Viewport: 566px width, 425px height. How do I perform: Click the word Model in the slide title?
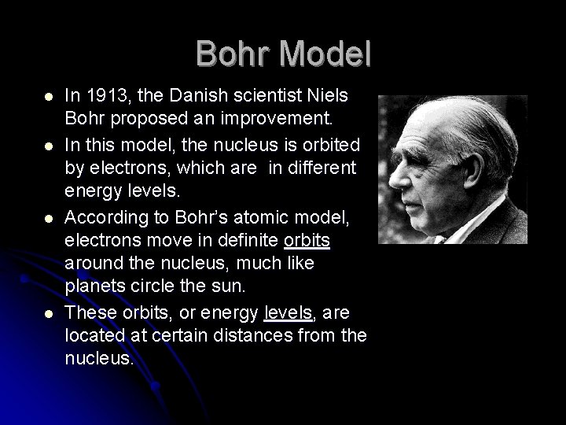click(x=325, y=54)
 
